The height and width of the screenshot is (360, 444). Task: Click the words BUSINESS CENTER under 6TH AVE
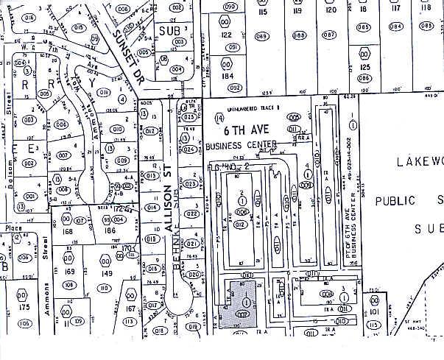pos(242,144)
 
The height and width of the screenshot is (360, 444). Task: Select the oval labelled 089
pos(261,35)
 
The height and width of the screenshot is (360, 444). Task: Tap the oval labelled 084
pos(396,26)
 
